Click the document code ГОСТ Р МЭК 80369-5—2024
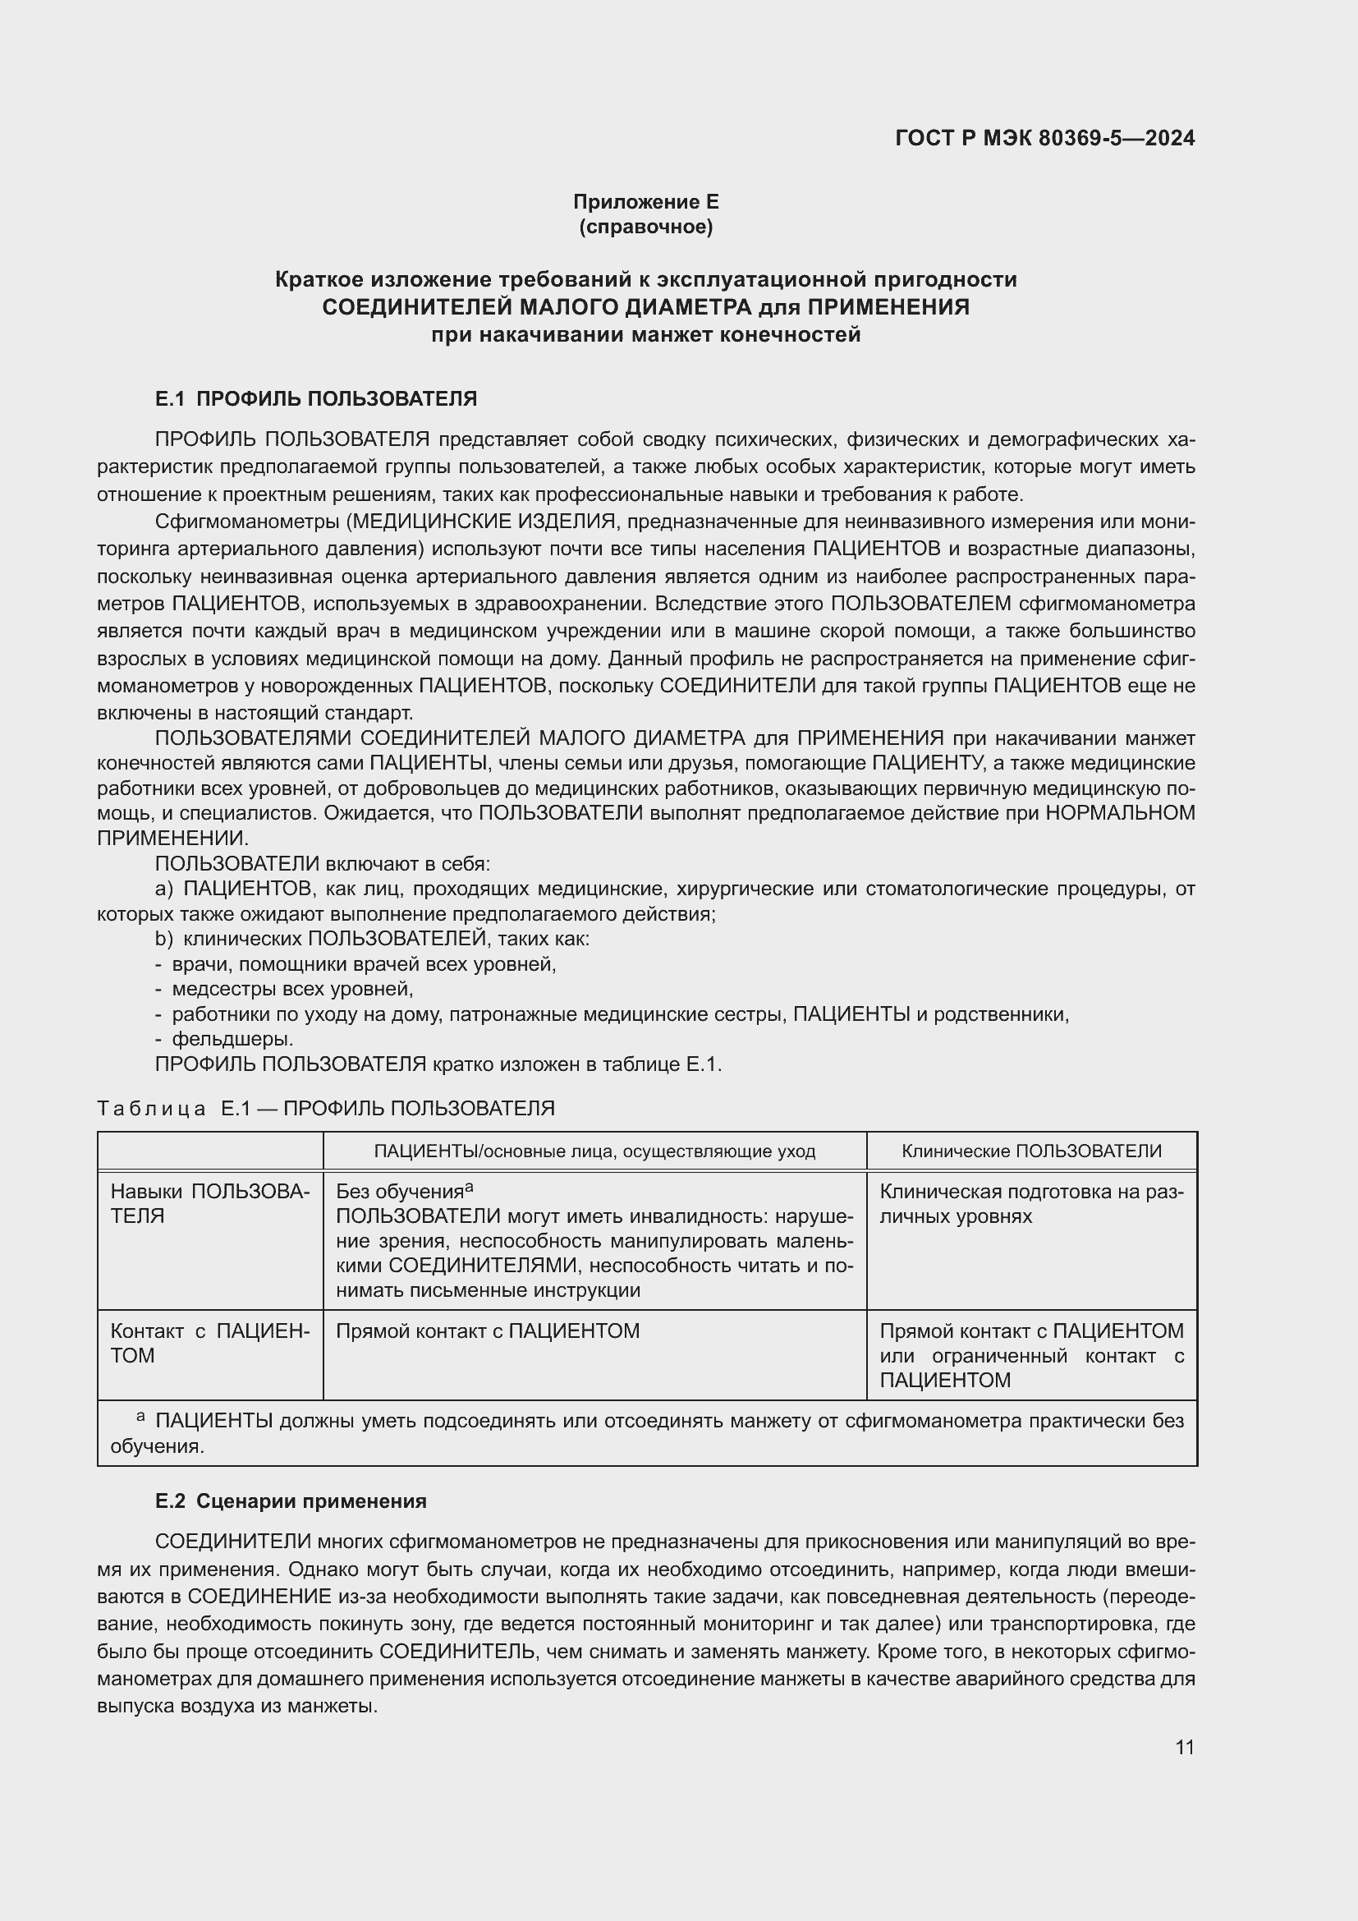tap(1044, 138)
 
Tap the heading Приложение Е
tap(645, 202)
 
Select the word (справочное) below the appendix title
tap(645, 227)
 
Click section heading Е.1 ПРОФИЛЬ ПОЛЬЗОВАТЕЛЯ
tap(316, 399)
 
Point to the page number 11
tap(1184, 1747)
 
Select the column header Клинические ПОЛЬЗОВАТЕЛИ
tap(1031, 1151)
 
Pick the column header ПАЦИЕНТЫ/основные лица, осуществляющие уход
tap(594, 1151)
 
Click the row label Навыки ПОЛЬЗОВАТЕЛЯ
tap(209, 1203)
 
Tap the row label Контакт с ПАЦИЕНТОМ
tap(209, 1343)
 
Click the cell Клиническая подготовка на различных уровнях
tap(1031, 1203)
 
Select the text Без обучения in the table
tap(400, 1193)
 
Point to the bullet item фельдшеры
tap(232, 1039)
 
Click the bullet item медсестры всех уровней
tap(292, 989)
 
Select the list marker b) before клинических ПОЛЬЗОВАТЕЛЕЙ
tap(164, 939)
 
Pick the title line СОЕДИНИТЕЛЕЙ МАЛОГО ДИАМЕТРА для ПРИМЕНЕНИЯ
tap(645, 307)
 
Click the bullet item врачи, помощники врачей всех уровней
tap(364, 964)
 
